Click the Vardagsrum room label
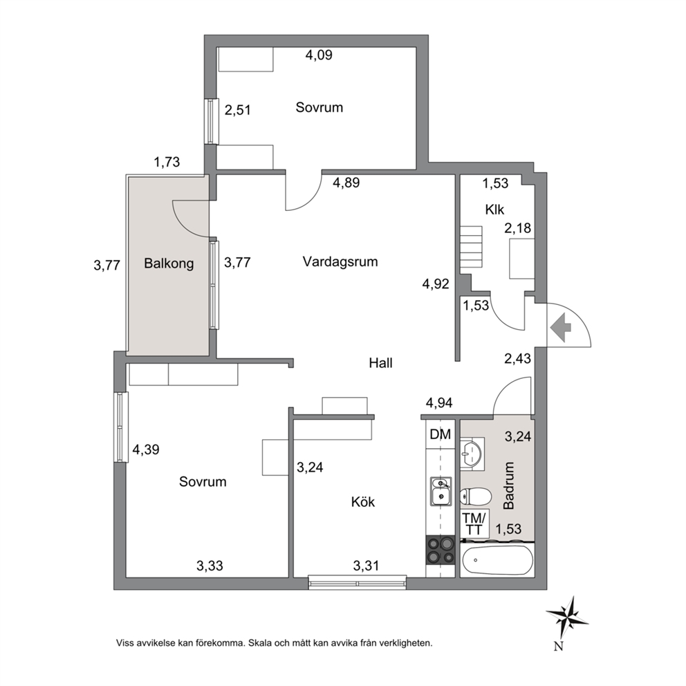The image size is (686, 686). coord(340,261)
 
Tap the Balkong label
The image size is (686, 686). coord(169,263)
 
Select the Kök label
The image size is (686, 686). coord(362,501)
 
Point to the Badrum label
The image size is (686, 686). coord(509,485)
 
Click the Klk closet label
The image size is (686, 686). coord(494,210)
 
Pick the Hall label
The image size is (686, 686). coord(380,362)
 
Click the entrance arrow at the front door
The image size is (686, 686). coord(561,327)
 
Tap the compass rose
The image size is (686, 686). coord(566,617)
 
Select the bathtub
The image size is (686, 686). coord(497,560)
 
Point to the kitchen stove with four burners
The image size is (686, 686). coord(440,550)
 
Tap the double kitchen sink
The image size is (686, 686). coord(441,491)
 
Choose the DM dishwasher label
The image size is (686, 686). coord(440,434)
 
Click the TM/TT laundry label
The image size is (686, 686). coord(474,523)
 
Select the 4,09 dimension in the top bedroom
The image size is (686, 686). coord(319,55)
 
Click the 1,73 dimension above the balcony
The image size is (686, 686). coord(167,163)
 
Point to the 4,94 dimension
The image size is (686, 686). coord(439,402)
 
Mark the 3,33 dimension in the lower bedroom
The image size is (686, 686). coord(210,566)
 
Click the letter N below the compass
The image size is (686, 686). coord(558,646)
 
